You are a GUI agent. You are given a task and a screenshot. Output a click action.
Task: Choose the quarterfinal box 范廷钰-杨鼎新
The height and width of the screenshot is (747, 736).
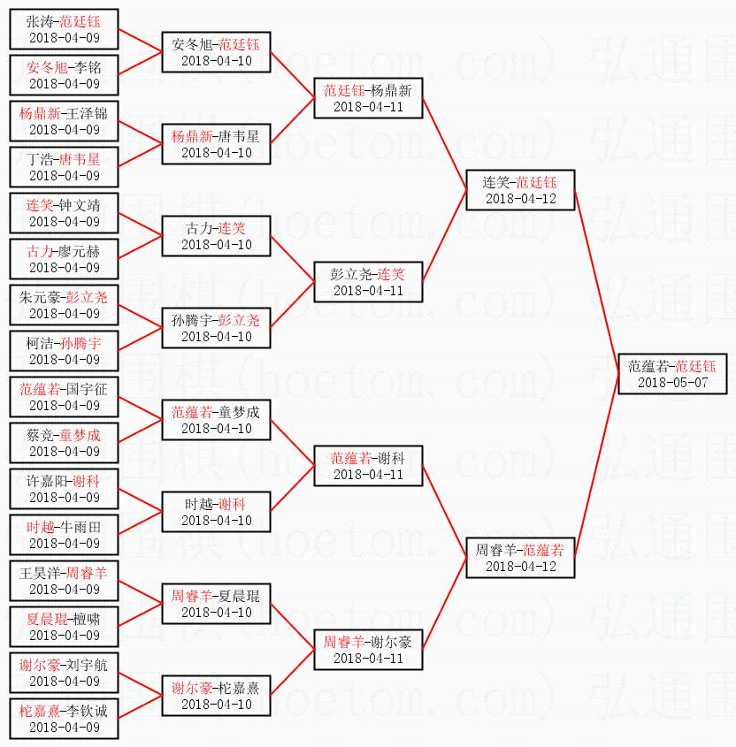(367, 98)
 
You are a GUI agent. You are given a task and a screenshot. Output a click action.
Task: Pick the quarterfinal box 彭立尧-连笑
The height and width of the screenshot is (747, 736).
(367, 282)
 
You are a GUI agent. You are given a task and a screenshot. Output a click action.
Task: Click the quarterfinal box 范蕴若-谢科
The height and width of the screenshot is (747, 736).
(367, 466)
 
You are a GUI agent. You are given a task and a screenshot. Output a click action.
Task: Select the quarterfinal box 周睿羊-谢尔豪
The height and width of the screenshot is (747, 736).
(367, 650)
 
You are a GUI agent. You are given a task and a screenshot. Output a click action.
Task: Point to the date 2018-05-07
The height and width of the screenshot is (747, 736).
(671, 383)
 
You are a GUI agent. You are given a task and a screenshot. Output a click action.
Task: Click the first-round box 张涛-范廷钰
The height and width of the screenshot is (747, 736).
(64, 29)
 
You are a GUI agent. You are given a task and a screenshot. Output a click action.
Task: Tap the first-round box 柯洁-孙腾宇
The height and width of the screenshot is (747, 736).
(64, 351)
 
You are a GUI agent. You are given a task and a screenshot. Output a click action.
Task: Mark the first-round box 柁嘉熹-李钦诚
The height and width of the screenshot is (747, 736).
(64, 719)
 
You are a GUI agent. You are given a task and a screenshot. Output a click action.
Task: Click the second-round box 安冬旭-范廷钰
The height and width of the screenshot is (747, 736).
(215, 52)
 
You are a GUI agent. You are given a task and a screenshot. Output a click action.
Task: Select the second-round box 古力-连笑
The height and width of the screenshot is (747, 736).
(215, 236)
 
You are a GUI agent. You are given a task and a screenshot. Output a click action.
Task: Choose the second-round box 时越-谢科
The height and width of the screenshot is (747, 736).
(215, 512)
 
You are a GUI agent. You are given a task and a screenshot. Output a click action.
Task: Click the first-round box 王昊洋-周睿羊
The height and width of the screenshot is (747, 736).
(64, 581)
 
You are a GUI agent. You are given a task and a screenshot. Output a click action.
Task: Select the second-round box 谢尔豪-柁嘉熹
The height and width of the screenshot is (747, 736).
(215, 696)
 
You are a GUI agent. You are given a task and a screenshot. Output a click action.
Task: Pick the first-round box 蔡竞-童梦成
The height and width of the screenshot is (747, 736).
(64, 443)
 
